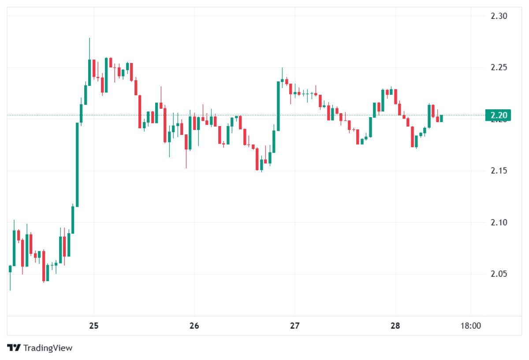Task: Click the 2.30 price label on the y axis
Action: point(499,16)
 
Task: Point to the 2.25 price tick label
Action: point(499,67)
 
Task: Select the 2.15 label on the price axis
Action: point(499,171)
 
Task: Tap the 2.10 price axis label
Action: point(499,222)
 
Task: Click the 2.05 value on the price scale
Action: point(499,274)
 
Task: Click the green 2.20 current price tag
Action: point(499,115)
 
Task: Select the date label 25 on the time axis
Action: point(93,326)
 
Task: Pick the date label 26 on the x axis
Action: point(194,326)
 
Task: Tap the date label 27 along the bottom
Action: point(294,326)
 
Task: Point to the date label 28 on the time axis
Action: point(395,326)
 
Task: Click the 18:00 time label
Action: point(470,326)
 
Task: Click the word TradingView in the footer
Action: point(48,348)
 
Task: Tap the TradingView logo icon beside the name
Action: point(15,348)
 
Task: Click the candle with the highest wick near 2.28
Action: point(89,71)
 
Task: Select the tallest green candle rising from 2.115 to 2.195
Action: point(77,164)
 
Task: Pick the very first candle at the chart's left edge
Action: point(10,269)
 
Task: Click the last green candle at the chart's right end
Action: point(441,118)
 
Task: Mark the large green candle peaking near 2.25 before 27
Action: point(278,106)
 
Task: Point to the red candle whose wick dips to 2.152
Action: point(186,142)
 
